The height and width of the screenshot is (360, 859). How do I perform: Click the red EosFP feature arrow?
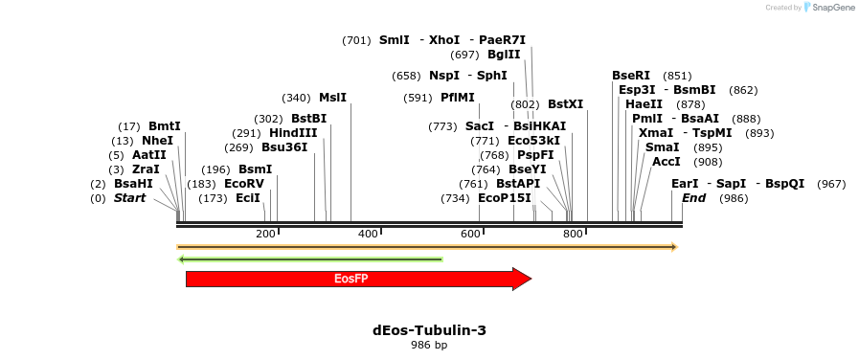coord(350,279)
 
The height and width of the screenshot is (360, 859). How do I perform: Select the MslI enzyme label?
coord(332,98)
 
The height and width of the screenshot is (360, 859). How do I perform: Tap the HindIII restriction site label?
coord(293,133)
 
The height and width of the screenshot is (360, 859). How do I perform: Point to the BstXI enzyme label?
coord(565,104)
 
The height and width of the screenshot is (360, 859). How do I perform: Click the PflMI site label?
coord(458,98)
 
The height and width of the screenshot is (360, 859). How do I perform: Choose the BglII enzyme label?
coord(504,55)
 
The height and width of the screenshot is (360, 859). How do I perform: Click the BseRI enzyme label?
coord(631,76)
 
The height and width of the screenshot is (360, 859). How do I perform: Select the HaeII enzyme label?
coord(644,104)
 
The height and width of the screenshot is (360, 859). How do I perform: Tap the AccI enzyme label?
coord(666,162)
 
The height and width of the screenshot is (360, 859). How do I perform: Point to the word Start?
coord(129,198)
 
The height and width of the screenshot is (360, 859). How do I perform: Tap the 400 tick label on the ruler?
coord(368,235)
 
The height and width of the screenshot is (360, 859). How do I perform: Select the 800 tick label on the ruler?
coord(573,235)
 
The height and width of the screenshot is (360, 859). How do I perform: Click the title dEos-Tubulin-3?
coord(429,330)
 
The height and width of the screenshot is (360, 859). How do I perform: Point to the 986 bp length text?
coord(429,346)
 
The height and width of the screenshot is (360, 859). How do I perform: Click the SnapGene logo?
coord(829,8)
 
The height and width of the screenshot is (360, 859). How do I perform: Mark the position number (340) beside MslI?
coord(296,98)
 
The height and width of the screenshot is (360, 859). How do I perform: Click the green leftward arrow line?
coord(310,259)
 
